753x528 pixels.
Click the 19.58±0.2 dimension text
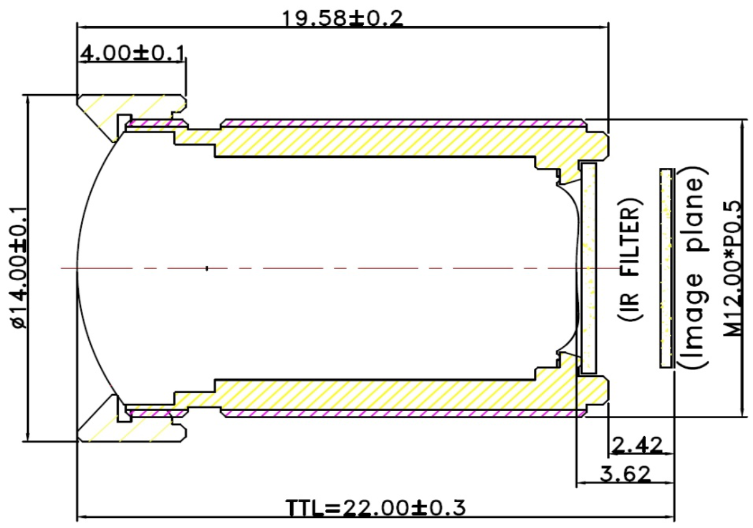(343, 18)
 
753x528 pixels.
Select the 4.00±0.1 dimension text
(131, 53)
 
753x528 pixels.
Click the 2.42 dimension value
(637, 445)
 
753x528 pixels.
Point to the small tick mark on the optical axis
(207, 268)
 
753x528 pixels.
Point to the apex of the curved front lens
(78, 268)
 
